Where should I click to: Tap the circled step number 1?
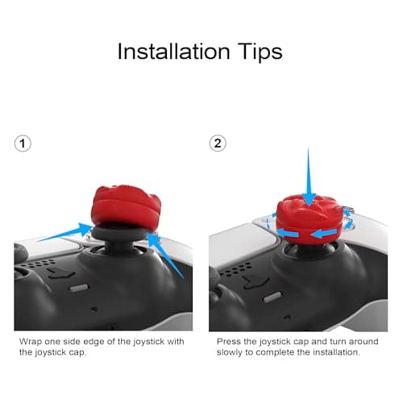[23, 143]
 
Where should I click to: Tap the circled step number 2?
[218, 143]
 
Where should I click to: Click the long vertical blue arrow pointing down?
[308, 177]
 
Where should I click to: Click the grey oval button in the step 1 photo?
[79, 289]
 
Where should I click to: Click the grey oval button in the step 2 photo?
[272, 297]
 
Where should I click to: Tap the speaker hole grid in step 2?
[236, 268]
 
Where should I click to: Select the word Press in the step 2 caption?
[228, 342]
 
